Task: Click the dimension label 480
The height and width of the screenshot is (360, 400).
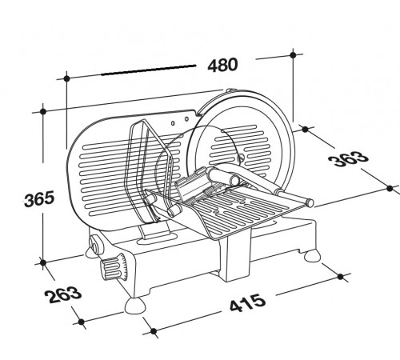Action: point(222,65)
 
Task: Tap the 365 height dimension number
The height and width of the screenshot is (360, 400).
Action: point(39,198)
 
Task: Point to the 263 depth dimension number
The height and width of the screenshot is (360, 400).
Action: point(63,294)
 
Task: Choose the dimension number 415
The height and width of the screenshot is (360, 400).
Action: point(248,302)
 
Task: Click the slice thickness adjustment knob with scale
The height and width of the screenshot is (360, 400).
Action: point(114,267)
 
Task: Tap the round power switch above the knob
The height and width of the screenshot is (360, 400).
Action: point(94,246)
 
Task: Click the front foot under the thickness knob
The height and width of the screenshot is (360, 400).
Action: point(134,306)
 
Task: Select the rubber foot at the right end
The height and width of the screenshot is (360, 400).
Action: point(312,256)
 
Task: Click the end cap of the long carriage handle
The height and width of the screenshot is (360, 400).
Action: point(310,203)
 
